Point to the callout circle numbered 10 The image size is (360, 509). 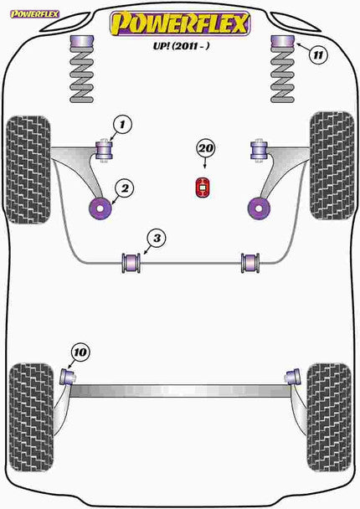coord(80,352)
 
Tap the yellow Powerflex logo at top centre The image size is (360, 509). coord(181,23)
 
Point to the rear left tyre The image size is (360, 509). coord(26,405)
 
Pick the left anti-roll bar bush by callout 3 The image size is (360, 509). coord(131,262)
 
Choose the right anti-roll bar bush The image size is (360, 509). coord(249,262)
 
